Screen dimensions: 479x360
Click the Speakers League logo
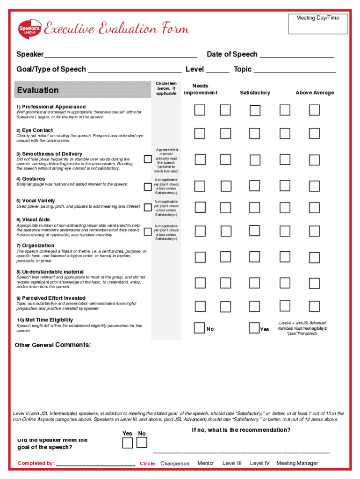(x=29, y=29)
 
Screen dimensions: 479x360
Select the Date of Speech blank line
(x=297, y=55)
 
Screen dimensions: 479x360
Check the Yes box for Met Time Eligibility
(x=254, y=328)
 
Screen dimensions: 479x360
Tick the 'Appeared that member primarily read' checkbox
(x=147, y=160)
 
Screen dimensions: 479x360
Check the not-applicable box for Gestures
(x=147, y=187)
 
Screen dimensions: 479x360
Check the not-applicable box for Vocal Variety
(x=147, y=207)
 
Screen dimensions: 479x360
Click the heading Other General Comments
(x=53, y=345)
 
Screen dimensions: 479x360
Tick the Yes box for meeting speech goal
(x=127, y=443)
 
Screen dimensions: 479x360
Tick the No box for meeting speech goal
(x=142, y=443)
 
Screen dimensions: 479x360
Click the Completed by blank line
(x=96, y=464)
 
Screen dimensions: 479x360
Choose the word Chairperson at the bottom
(x=175, y=464)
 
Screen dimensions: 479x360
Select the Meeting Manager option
(x=297, y=464)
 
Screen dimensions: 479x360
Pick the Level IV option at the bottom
(x=260, y=464)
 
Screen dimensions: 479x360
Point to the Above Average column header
(x=315, y=93)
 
